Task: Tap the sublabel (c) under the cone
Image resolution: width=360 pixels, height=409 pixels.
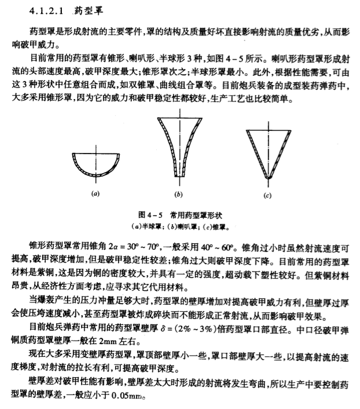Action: point(267,196)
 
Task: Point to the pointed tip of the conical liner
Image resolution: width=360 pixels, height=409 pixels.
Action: point(266,177)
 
